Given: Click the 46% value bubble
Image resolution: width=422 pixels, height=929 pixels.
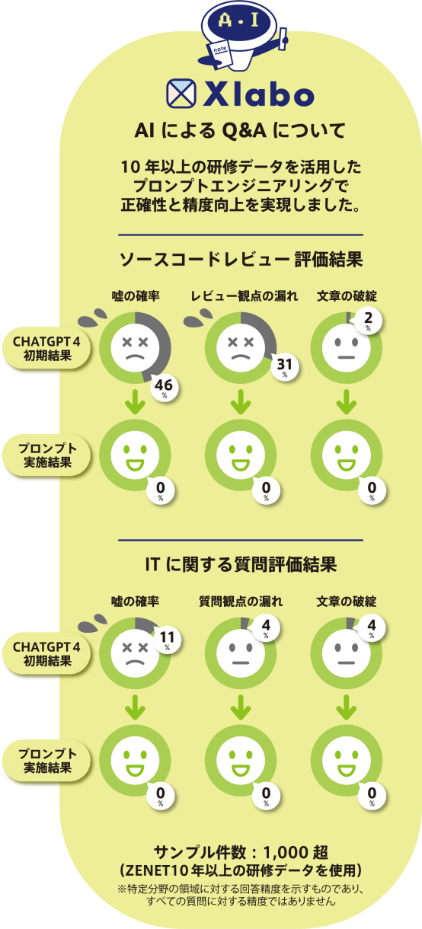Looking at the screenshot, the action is point(165,388).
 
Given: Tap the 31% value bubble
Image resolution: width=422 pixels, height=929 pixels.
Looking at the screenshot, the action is point(285,366).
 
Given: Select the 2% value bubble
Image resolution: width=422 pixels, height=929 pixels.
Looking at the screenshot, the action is point(368,321).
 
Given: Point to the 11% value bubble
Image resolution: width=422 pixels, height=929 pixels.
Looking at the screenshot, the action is point(168,640).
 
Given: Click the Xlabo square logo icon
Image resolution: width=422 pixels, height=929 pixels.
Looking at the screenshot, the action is point(181,94).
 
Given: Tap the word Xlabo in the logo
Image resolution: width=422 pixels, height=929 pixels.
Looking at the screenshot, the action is point(258,94).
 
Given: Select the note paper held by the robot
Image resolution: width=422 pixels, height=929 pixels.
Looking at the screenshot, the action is point(220,54).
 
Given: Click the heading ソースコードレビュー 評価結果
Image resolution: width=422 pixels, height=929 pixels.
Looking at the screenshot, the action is point(241,260).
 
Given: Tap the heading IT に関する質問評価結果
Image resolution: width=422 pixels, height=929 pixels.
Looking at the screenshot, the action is point(241,564).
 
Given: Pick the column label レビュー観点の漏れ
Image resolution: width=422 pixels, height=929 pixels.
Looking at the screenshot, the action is point(245,296).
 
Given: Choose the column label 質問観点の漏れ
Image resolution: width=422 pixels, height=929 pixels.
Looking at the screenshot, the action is point(241,602).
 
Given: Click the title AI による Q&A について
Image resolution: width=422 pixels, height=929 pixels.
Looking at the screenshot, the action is point(240,130).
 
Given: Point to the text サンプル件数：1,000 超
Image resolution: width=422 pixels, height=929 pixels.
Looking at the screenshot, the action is point(241,852).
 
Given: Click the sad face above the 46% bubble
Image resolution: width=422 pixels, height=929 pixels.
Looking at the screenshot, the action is point(135,347).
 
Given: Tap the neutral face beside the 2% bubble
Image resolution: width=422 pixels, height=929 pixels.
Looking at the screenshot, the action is point(347,347).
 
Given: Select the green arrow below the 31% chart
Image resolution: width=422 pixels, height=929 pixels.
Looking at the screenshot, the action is point(241,401).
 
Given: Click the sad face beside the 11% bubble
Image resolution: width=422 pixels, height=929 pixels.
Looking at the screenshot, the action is point(135,653).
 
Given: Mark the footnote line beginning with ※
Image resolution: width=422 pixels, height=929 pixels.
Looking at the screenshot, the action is point(241,889).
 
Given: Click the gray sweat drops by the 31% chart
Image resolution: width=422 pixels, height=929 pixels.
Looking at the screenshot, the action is point(198,318).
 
